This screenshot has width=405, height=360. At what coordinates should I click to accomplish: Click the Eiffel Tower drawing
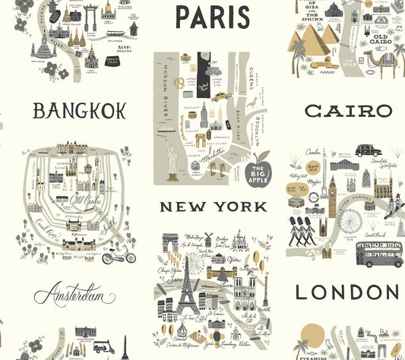186,289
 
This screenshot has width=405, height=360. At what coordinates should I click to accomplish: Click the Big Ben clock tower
332,190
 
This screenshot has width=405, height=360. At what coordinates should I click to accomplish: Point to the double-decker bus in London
379,254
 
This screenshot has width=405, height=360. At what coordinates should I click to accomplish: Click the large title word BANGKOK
79,112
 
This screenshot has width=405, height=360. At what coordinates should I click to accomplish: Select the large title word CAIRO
349,112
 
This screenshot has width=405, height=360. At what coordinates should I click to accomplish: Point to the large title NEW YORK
212,206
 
